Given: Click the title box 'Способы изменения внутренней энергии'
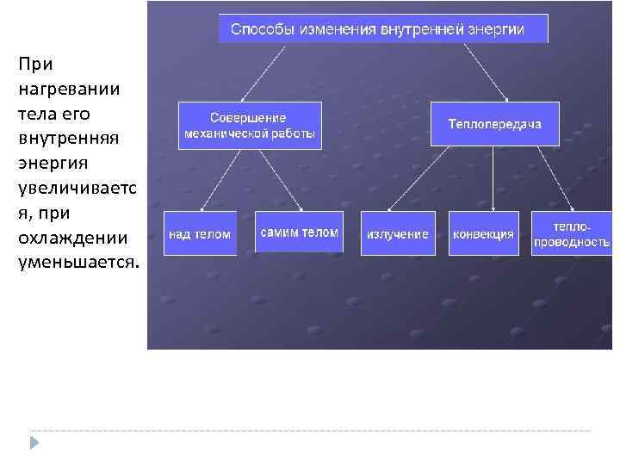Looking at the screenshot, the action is (383, 29).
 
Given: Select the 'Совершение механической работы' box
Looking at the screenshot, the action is (250, 126).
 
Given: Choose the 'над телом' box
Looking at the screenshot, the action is (200, 233).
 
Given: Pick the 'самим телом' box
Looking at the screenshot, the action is (299, 232).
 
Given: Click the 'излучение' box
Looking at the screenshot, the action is (398, 233).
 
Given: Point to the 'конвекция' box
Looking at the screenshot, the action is (483, 233).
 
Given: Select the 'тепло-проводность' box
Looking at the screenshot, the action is (571, 233).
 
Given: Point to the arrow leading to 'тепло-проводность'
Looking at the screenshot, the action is (547, 178).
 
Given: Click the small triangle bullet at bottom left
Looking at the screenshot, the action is (33, 443).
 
